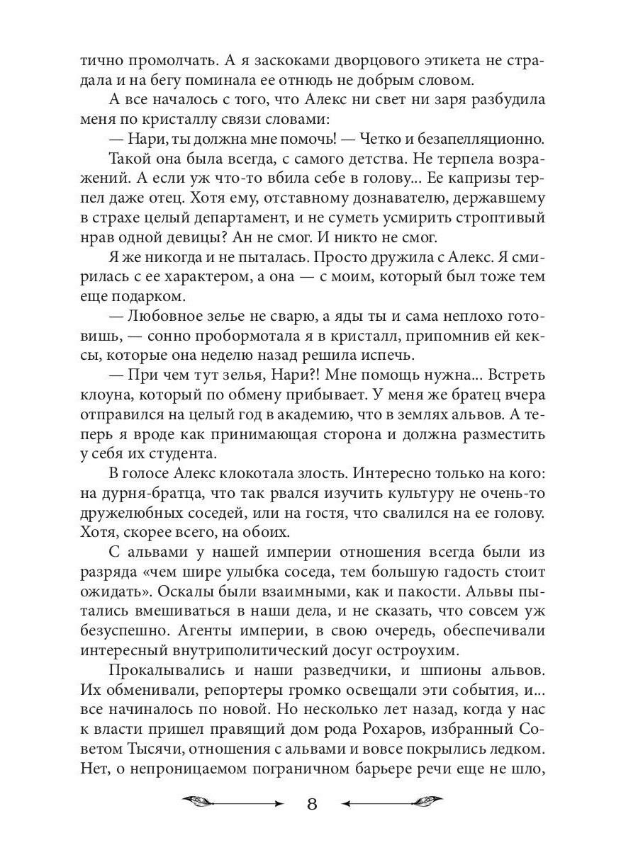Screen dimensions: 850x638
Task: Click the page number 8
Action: click(x=313, y=804)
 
